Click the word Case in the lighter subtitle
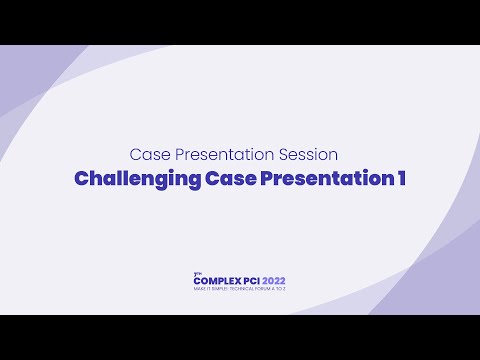pyautogui.click(x=150, y=155)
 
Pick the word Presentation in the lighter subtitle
pyautogui.click(x=227, y=155)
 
